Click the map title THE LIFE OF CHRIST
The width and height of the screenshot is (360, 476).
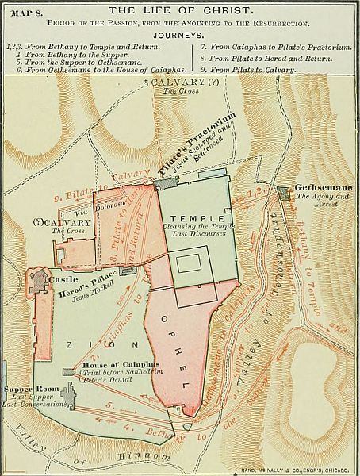(x=180, y=10)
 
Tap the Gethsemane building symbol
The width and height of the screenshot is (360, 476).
(x=285, y=192)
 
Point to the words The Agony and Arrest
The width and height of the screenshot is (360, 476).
(x=320, y=200)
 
